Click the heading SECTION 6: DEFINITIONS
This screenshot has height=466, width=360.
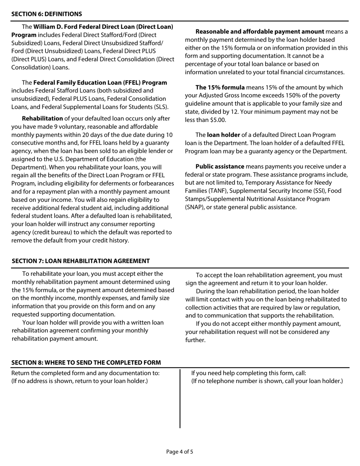[x=47, y=14]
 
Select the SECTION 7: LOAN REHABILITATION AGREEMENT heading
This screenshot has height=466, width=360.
[x=81, y=261]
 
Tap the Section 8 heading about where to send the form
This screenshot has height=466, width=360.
[x=86, y=362]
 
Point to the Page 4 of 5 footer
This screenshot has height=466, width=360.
[x=180, y=452]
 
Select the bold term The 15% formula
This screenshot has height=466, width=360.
[x=220, y=88]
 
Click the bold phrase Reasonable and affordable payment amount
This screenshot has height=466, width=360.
[x=260, y=32]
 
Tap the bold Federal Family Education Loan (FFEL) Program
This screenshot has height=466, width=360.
[x=100, y=83]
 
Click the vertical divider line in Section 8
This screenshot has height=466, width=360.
[x=180, y=398]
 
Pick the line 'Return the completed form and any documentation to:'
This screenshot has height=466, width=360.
[x=86, y=373]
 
